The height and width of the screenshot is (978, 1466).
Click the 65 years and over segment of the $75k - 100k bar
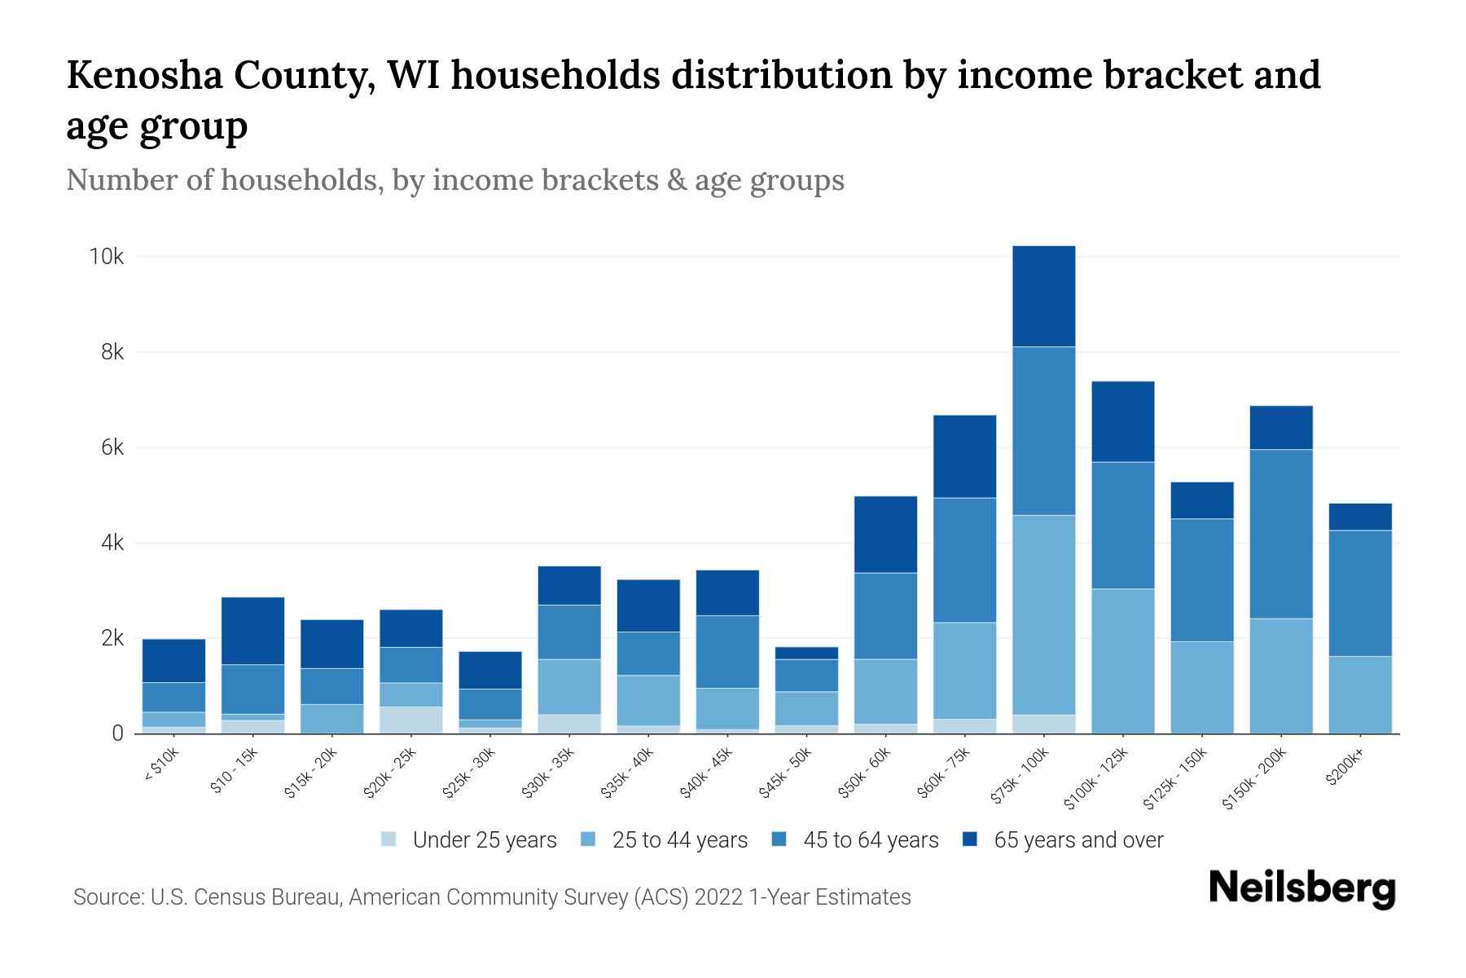[x=1043, y=297]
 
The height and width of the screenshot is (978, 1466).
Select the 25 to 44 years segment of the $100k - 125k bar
[x=1122, y=661]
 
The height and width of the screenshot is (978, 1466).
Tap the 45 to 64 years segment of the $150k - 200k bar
[x=1280, y=534]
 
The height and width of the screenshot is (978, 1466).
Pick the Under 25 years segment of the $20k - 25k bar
[x=410, y=720]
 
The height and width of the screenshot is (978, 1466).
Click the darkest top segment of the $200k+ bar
[x=1360, y=517]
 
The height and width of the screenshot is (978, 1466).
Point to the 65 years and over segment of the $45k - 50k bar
[x=806, y=653]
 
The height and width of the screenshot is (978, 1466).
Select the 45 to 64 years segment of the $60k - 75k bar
[x=964, y=560]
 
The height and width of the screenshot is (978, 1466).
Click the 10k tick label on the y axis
[x=107, y=258]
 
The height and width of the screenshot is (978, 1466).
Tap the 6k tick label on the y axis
[x=112, y=448]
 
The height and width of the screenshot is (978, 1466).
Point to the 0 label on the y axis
[x=118, y=733]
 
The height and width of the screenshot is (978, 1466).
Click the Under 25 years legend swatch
[x=389, y=839]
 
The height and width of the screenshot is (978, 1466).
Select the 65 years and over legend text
[x=1078, y=839]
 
